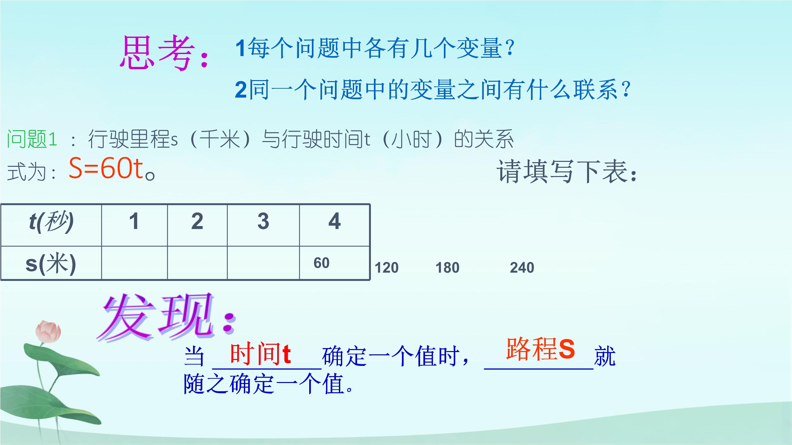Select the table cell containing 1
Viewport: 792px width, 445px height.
pyautogui.click(x=134, y=225)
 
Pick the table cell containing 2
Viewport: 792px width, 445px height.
pyautogui.click(x=197, y=225)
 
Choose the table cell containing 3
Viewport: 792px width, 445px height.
pyautogui.click(x=263, y=225)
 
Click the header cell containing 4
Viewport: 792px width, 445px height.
pyautogui.click(x=335, y=225)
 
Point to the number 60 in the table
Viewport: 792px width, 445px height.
pyautogui.click(x=321, y=263)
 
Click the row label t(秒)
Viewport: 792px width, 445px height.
pyautogui.click(x=51, y=222)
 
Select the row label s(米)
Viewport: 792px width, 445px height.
pyautogui.click(x=51, y=264)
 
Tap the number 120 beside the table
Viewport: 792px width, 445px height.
pyautogui.click(x=386, y=268)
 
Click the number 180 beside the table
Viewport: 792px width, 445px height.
pyautogui.click(x=447, y=268)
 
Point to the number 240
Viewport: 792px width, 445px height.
pyautogui.click(x=522, y=268)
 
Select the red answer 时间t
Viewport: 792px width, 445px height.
pyautogui.click(x=260, y=354)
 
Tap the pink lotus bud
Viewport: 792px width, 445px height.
pyautogui.click(x=48, y=332)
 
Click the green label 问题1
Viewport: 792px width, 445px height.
pyautogui.click(x=32, y=139)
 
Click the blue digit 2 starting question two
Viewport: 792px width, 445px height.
pyautogui.click(x=241, y=89)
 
